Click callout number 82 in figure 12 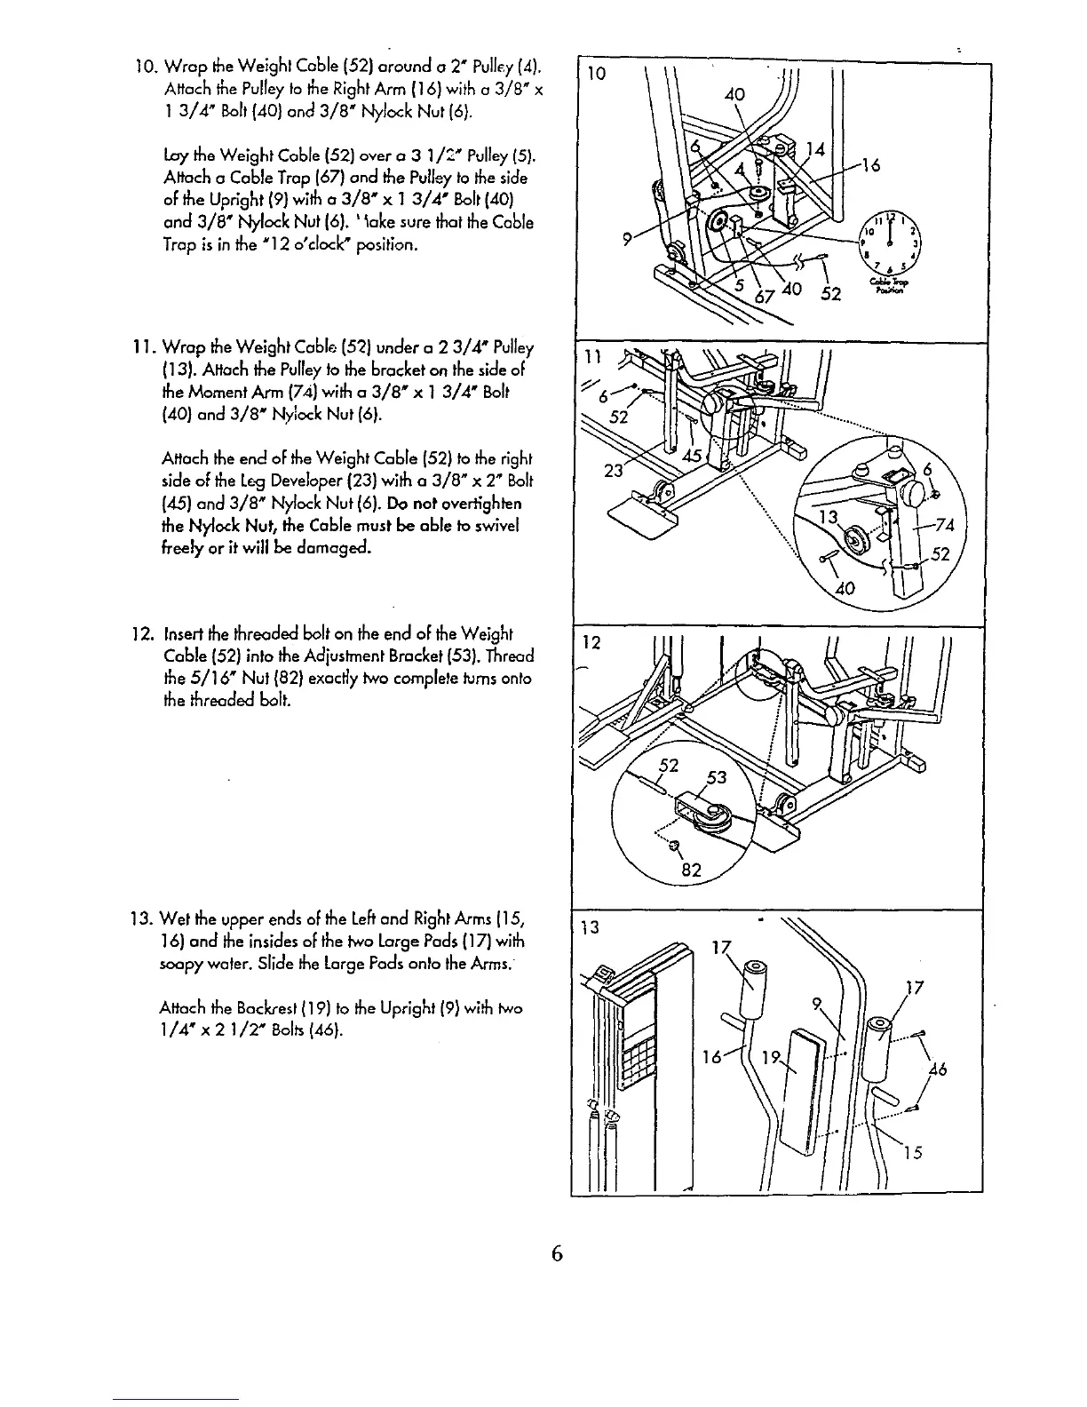click(692, 870)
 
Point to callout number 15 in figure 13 click(916, 1153)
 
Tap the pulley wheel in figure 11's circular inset click(857, 539)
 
